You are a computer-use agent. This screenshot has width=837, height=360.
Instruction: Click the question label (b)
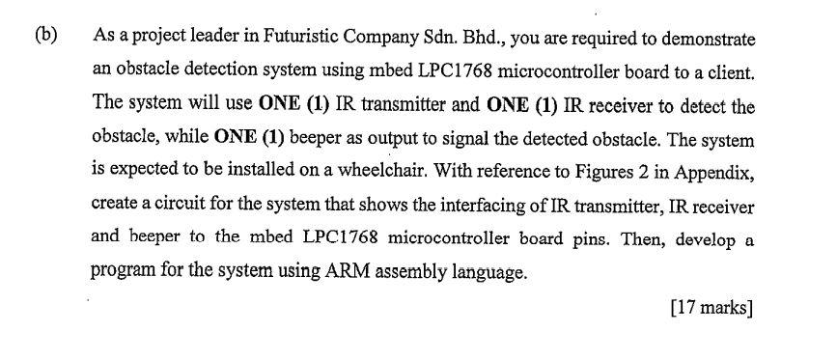(x=46, y=35)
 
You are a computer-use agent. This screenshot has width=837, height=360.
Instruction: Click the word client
(x=732, y=72)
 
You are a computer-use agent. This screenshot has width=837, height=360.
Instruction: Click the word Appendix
(x=713, y=173)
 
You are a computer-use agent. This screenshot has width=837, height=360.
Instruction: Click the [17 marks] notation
(x=711, y=308)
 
